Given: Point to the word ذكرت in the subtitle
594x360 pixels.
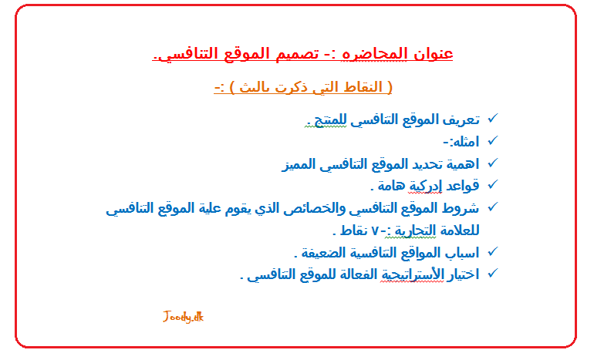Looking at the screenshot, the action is [x=291, y=87].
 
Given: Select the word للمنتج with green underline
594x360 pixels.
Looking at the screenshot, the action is [x=329, y=121].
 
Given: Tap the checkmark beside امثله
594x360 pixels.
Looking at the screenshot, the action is [x=493, y=140].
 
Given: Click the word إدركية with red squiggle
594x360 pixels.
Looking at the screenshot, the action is [x=424, y=186].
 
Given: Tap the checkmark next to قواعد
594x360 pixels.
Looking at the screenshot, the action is [x=493, y=184].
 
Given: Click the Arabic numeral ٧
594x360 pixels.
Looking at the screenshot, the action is [x=375, y=231].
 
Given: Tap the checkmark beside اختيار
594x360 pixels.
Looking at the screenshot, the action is [x=493, y=274].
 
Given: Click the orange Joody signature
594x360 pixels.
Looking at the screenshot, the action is [x=184, y=317].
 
